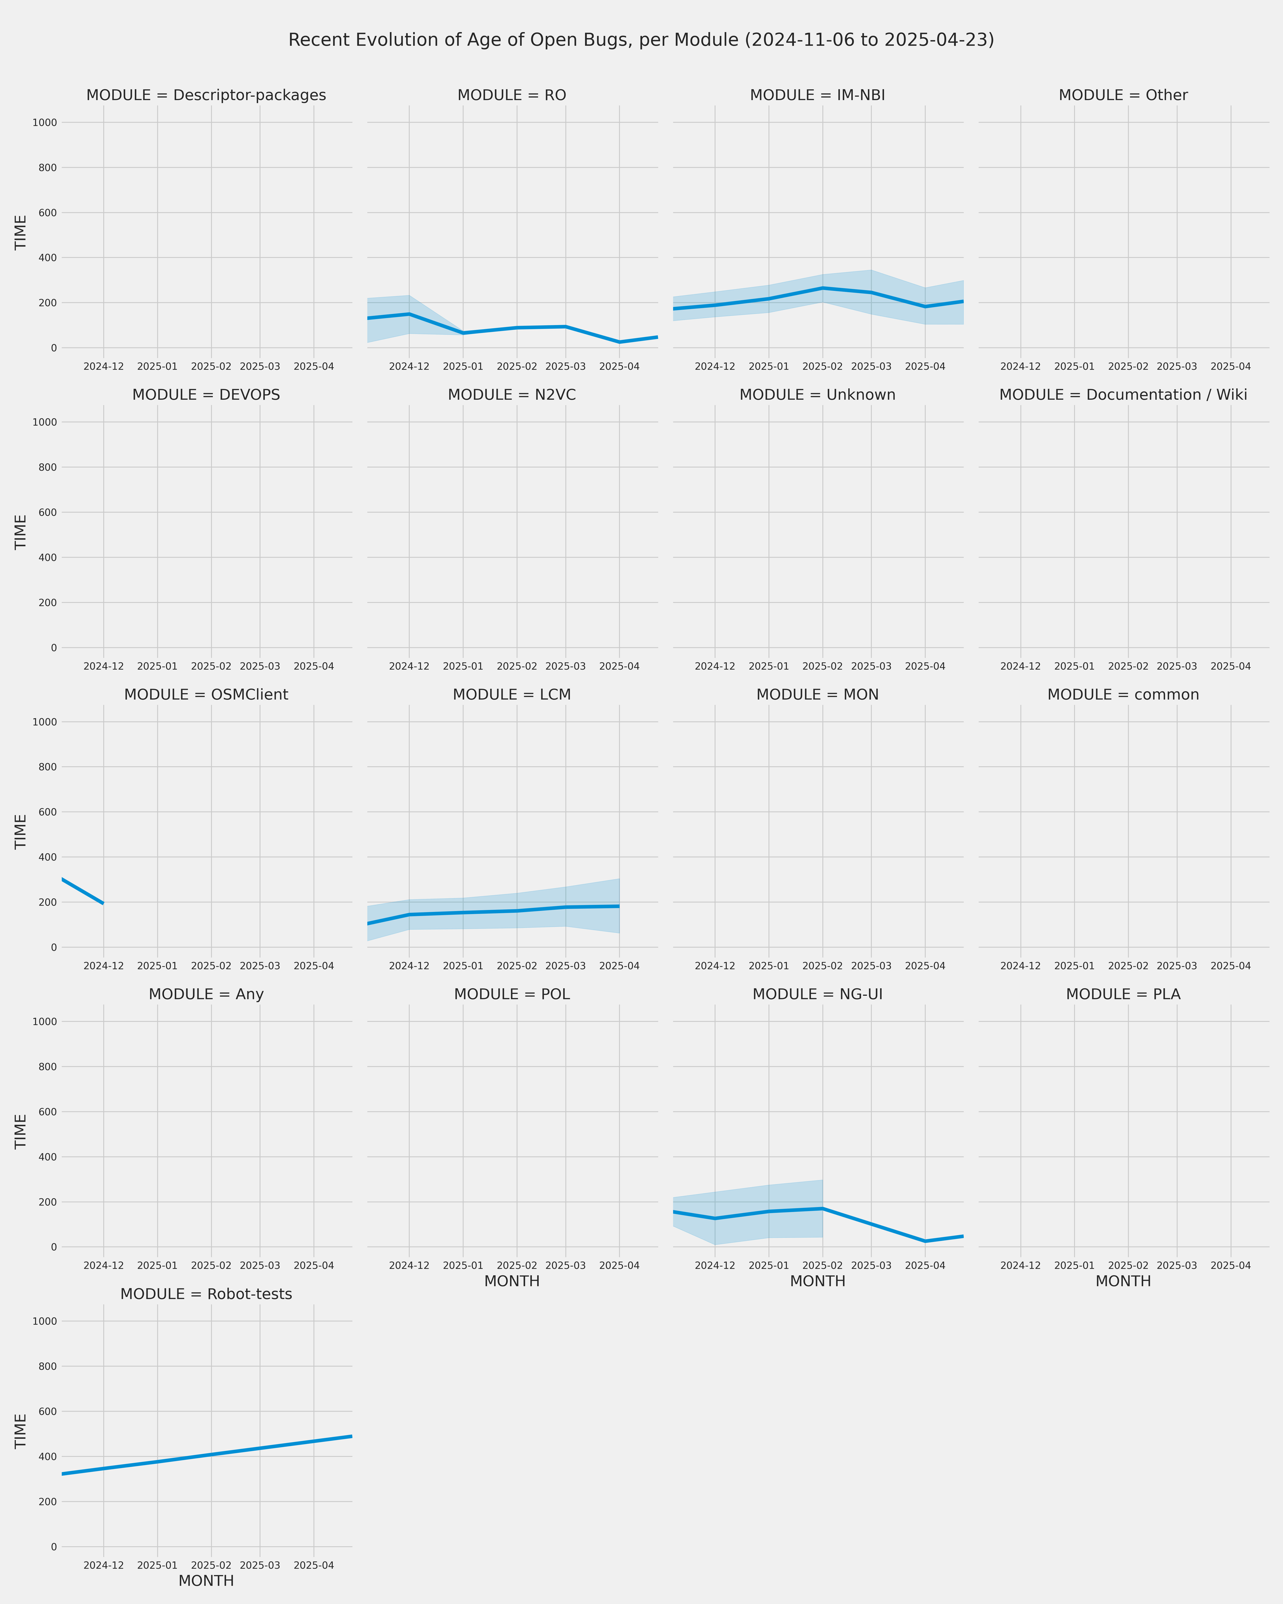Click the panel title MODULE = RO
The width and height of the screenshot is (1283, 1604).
click(512, 95)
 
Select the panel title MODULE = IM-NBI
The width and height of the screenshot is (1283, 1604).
click(817, 95)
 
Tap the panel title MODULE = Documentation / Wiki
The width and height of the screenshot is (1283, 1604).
click(1123, 395)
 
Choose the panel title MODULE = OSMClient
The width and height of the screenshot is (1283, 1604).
click(206, 695)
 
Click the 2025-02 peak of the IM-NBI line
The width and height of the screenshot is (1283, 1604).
click(823, 288)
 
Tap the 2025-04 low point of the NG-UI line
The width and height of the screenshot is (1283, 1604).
click(925, 1241)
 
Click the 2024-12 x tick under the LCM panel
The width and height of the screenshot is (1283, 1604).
click(409, 966)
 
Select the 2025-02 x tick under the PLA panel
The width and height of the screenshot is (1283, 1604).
click(1128, 1265)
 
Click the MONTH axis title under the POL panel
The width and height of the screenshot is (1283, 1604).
click(512, 1281)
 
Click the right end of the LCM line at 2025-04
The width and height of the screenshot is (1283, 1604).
click(619, 906)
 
